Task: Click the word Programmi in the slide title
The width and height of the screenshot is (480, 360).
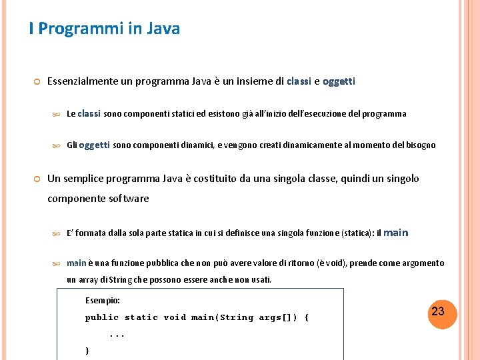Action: pos(75,29)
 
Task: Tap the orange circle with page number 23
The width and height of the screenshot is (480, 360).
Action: pos(438,312)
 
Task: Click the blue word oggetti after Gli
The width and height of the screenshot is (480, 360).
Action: pos(94,145)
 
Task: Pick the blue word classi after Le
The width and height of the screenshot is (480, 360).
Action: pos(89,113)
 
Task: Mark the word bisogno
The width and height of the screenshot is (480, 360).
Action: pos(419,145)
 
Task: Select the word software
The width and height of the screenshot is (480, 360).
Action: pos(127,199)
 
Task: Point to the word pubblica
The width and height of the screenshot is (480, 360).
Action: pos(163,263)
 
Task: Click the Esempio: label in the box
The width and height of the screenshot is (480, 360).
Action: pos(103,301)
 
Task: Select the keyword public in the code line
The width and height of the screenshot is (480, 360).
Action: pos(102,318)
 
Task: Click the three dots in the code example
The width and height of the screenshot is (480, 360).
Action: pos(117,335)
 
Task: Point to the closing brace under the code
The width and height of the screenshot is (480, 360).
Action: pos(87,351)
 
